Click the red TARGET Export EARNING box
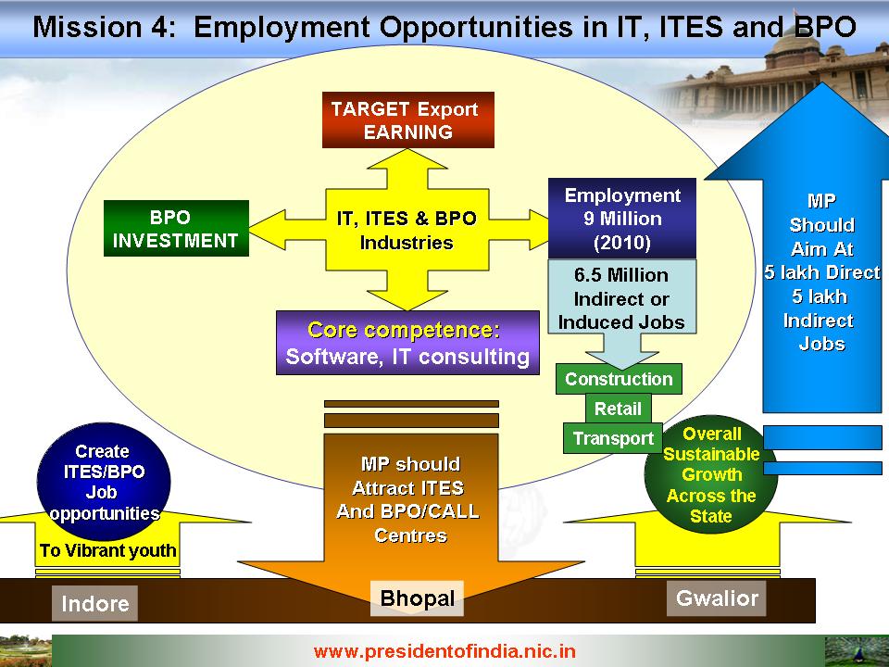click(408, 120)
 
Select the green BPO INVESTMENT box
click(176, 228)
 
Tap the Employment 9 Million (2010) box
click(622, 219)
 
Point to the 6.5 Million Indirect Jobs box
click(622, 296)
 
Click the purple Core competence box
click(407, 343)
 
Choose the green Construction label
click(619, 379)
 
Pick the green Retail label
click(618, 409)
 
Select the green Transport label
click(613, 438)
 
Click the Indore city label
click(94, 603)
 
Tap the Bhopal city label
click(418, 598)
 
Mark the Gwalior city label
click(717, 598)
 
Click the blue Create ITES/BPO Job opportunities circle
click(104, 482)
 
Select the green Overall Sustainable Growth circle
click(711, 475)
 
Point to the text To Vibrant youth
click(107, 550)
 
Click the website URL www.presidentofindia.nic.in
click(444, 651)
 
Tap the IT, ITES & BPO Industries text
click(407, 231)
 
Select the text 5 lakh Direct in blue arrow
click(821, 272)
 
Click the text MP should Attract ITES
click(409, 476)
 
